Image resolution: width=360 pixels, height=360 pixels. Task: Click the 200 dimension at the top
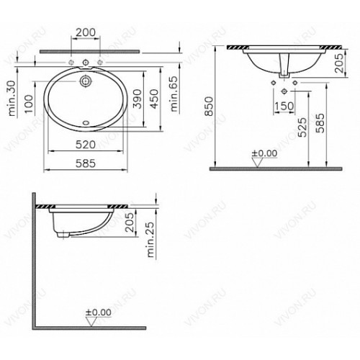[x=86, y=32]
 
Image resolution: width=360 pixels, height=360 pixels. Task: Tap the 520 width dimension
[x=86, y=145]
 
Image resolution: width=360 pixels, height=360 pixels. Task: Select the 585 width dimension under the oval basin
[x=86, y=163]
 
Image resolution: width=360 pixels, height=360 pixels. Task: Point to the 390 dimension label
[x=137, y=99]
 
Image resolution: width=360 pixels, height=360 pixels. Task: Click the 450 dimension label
[x=154, y=99]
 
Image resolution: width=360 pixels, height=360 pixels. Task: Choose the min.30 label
[x=12, y=99]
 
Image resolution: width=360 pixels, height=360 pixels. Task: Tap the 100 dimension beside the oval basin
[x=29, y=104]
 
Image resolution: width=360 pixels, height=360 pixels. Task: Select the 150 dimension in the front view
[x=284, y=106]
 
